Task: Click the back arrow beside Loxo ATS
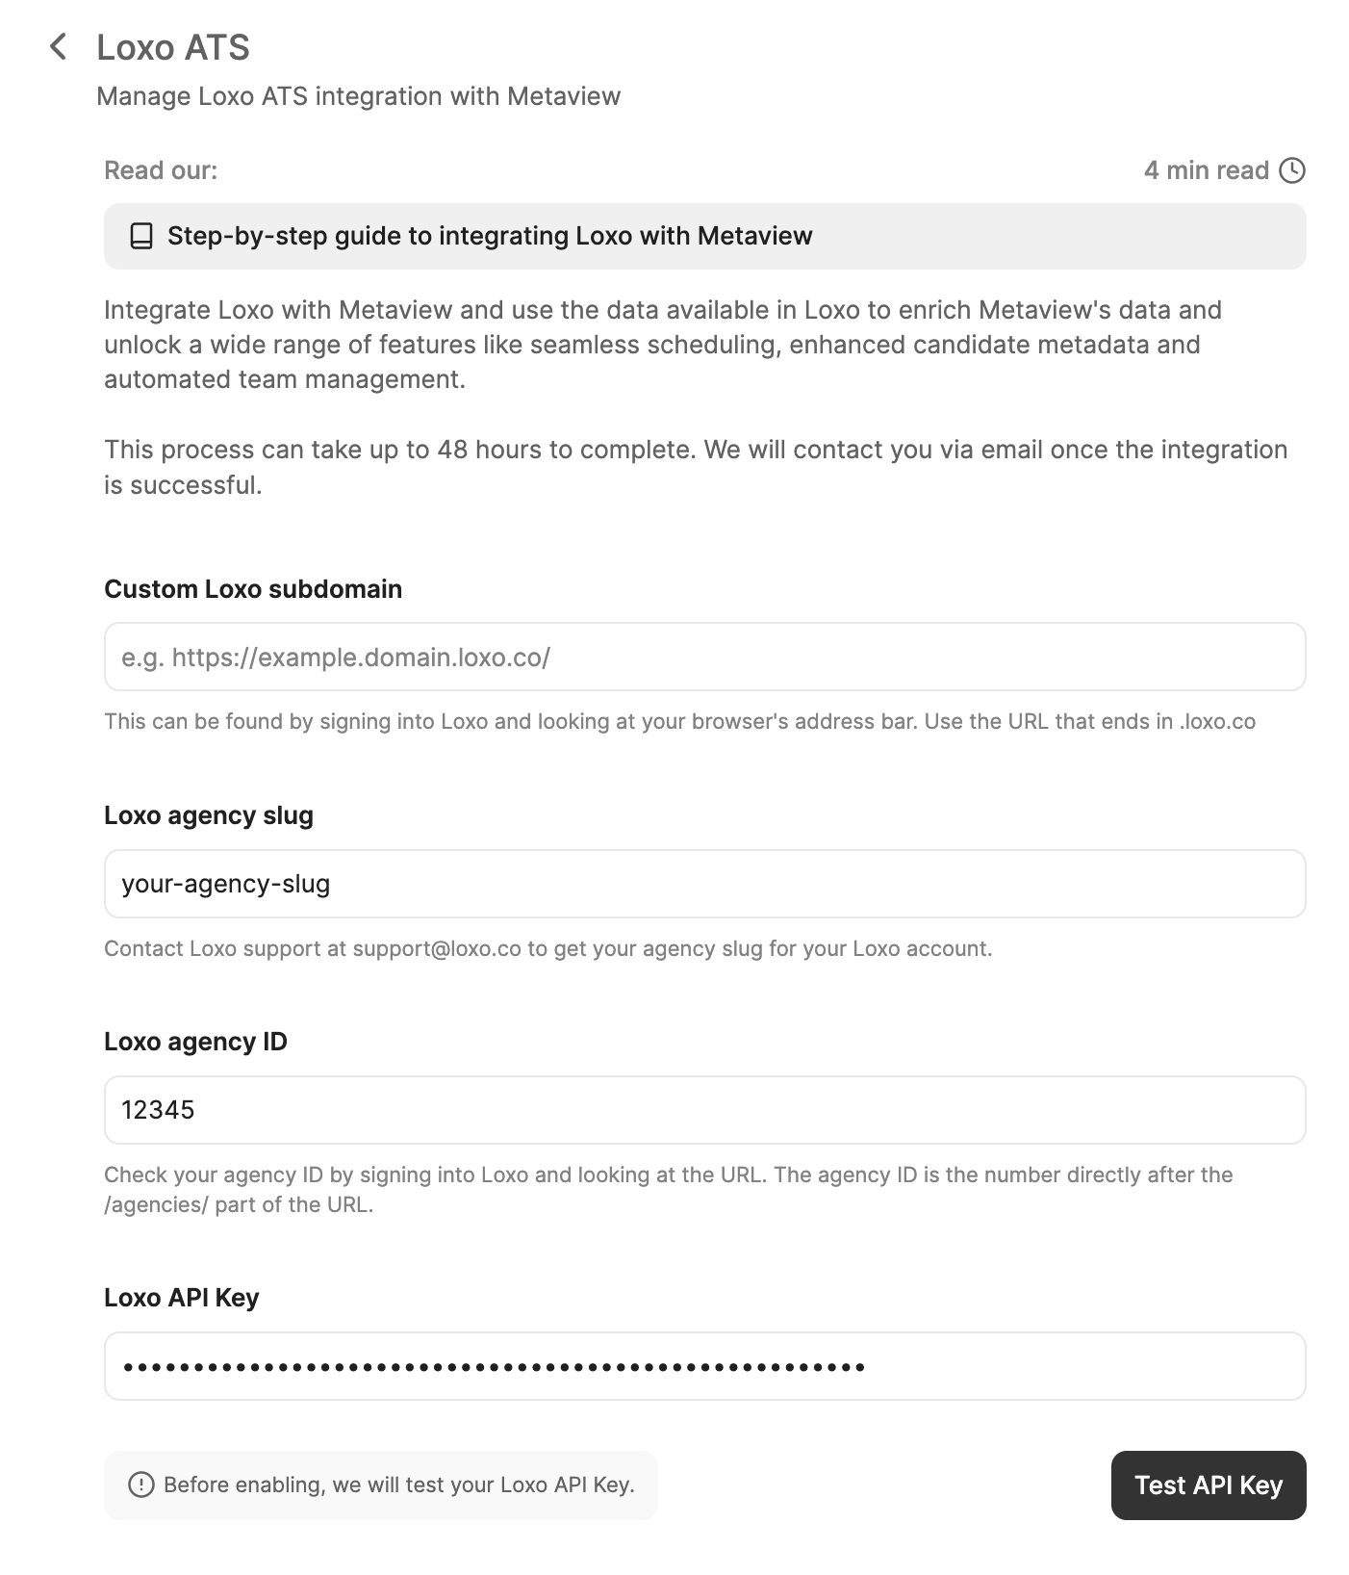[x=59, y=46]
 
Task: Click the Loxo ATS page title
[x=173, y=47]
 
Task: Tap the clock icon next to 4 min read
[x=1292, y=170]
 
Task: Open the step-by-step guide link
[x=490, y=236]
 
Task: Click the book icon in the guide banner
[x=141, y=236]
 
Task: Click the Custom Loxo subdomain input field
[x=704, y=657]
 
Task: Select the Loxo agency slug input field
[x=704, y=884]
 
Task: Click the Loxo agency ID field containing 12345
[x=704, y=1110]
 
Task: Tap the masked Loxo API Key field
[x=704, y=1366]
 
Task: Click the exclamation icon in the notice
[x=140, y=1485]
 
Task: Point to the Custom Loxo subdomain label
[x=253, y=589]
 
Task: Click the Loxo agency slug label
[x=209, y=815]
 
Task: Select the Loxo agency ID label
[x=195, y=1042]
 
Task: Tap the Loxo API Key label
[x=182, y=1298]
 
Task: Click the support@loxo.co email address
[x=437, y=948]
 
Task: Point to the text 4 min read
[x=1206, y=170]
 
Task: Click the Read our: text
[x=161, y=170]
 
